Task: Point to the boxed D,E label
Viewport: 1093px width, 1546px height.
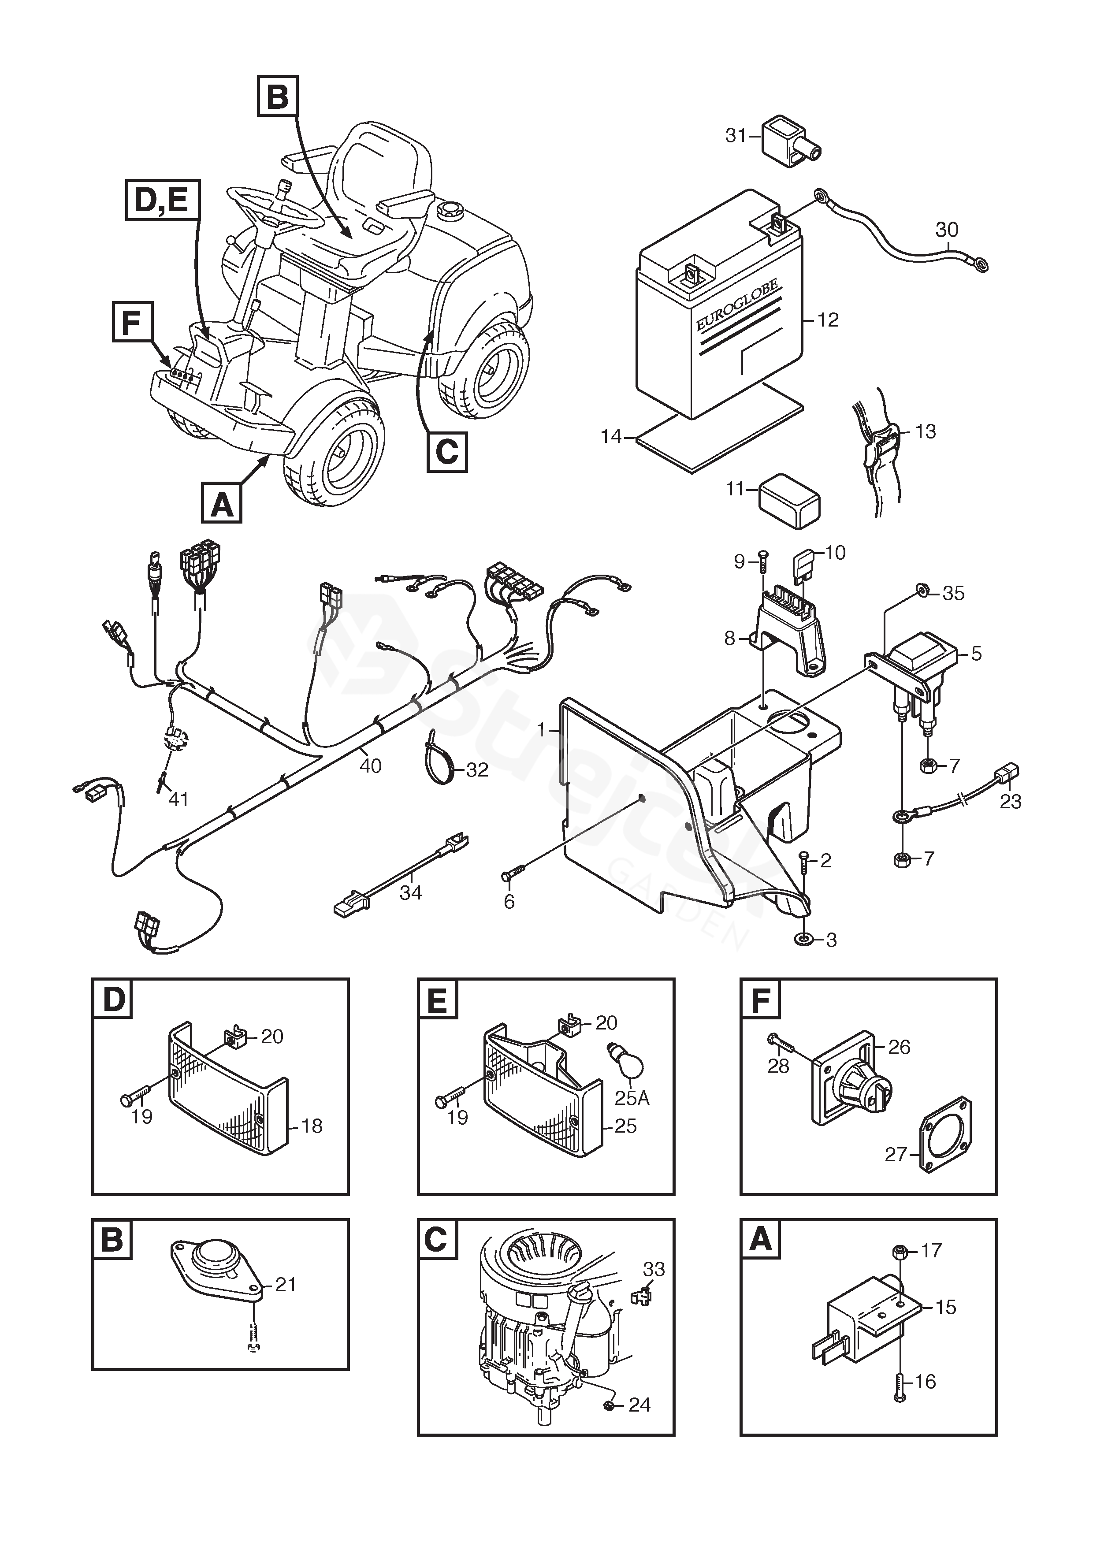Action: pos(162,200)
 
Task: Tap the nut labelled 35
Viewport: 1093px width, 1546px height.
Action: pos(924,591)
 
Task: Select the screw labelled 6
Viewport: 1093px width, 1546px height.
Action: pos(513,875)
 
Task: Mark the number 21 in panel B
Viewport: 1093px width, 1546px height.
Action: pos(286,1285)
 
